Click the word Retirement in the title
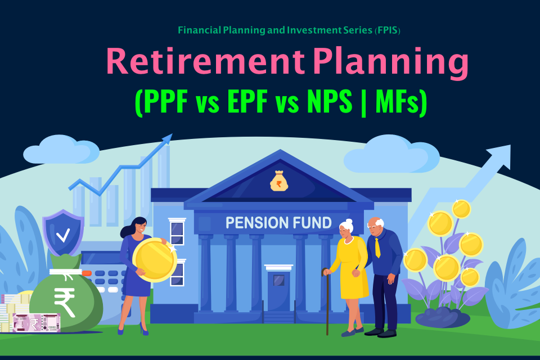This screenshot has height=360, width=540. click(x=206, y=61)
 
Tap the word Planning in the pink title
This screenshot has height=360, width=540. click(x=391, y=64)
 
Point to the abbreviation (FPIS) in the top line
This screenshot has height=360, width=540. click(x=387, y=30)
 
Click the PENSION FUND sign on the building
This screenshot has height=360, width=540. click(x=278, y=223)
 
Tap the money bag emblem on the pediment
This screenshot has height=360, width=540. click(x=279, y=181)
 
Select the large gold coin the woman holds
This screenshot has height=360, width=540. click(x=155, y=260)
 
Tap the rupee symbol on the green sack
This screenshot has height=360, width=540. click(x=65, y=301)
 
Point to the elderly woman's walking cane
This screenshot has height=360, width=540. click(x=326, y=301)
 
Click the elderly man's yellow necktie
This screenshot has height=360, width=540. click(x=377, y=247)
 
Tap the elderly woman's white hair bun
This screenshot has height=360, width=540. click(x=349, y=222)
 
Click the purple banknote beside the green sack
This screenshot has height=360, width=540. click(x=36, y=323)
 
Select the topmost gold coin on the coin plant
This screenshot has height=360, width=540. click(x=461, y=209)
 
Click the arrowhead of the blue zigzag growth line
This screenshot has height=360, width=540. click(x=166, y=139)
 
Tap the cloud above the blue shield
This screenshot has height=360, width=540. click(x=61, y=150)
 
